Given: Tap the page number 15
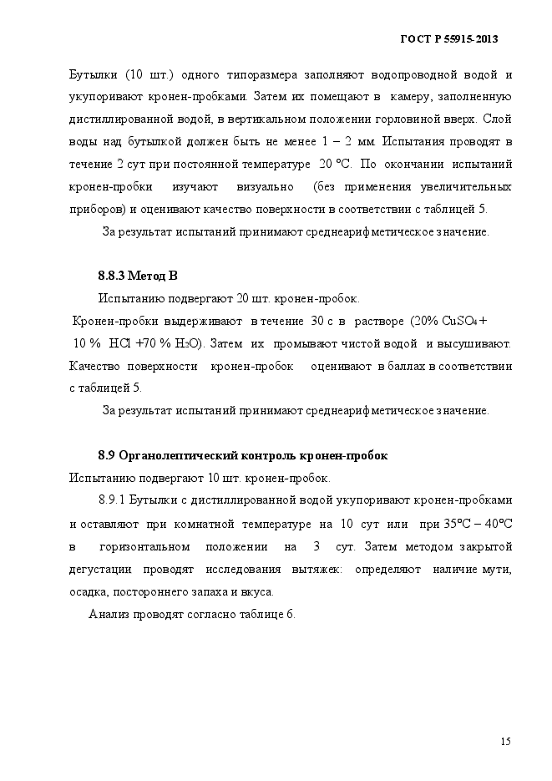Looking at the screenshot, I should (x=505, y=741).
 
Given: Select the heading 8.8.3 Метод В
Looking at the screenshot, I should (x=138, y=276).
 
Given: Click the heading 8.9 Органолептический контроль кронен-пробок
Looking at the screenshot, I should (x=242, y=456).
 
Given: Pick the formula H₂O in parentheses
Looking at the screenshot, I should (x=187, y=343).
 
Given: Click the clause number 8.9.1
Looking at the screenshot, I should (x=111, y=500).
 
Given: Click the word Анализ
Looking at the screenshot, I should (x=109, y=615).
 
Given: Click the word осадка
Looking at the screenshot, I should (x=89, y=592).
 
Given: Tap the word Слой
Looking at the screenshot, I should (x=498, y=119).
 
